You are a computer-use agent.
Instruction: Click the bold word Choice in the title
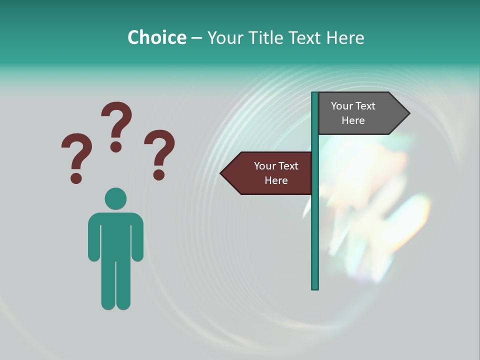(156, 37)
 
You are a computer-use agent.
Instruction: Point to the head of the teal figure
(115, 198)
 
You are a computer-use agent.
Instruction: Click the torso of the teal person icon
(115, 235)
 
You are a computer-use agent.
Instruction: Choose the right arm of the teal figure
(137, 240)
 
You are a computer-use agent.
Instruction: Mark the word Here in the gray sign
(353, 120)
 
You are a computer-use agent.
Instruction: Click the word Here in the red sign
(276, 180)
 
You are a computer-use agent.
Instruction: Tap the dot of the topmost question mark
(116, 146)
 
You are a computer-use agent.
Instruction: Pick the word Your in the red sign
(263, 166)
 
